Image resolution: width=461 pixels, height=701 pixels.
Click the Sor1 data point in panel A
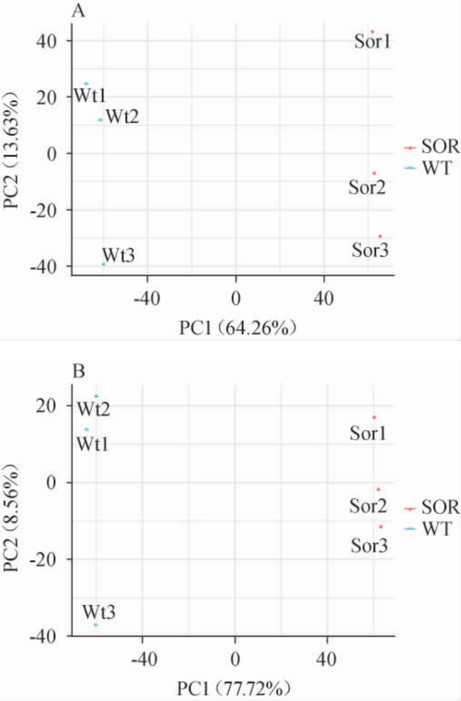(373, 32)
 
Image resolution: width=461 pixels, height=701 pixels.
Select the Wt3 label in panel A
(118, 254)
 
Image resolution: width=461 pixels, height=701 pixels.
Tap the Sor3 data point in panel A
(380, 236)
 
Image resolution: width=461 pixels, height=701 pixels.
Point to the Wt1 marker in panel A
(86, 84)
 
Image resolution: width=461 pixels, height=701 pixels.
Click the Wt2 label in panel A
(122, 116)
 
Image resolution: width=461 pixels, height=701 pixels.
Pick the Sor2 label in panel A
(367, 187)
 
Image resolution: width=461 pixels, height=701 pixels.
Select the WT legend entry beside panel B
(427, 529)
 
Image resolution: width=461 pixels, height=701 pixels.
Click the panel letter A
(78, 10)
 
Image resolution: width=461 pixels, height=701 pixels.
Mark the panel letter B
(78, 371)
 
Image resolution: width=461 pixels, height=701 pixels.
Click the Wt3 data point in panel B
(95, 625)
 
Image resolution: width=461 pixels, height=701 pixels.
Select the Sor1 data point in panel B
(374, 417)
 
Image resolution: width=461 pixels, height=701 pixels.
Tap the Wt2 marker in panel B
(96, 396)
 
